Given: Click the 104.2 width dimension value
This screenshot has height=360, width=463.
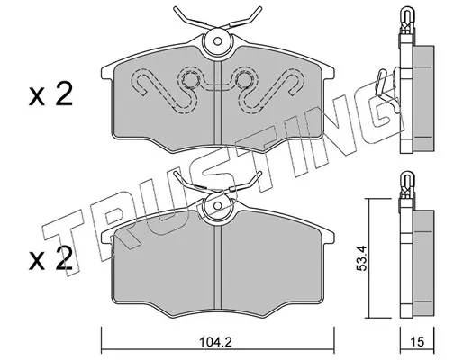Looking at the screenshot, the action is point(216,342).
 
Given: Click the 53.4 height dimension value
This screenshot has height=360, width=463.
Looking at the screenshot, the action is point(361,258).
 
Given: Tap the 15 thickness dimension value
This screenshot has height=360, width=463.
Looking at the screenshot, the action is point(417,342).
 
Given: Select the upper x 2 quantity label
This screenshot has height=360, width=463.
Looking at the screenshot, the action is point(50,94).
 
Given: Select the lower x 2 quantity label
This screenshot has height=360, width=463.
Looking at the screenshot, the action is point(50,258).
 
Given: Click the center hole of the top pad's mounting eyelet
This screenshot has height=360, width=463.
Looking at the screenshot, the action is point(218,41).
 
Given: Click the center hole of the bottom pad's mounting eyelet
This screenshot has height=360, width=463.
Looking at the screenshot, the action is point(218,205).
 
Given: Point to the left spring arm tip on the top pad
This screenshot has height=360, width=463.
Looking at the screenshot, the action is point(175,8).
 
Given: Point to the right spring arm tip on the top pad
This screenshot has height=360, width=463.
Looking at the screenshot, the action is point(260,8).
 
